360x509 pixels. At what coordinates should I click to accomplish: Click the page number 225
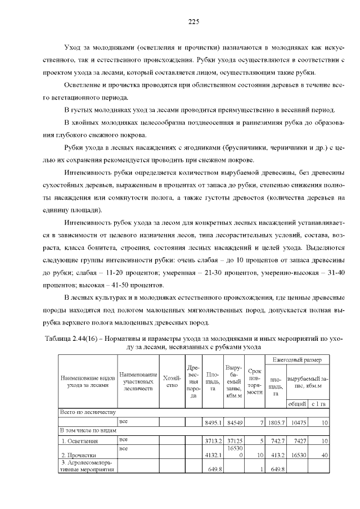coord(193,22)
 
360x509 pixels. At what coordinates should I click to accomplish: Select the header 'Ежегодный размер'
coord(298,358)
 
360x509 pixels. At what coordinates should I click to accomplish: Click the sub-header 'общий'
coord(296,404)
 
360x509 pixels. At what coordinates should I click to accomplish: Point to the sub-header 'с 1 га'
coord(319,404)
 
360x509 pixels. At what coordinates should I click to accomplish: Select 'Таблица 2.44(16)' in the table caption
coord(70,339)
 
